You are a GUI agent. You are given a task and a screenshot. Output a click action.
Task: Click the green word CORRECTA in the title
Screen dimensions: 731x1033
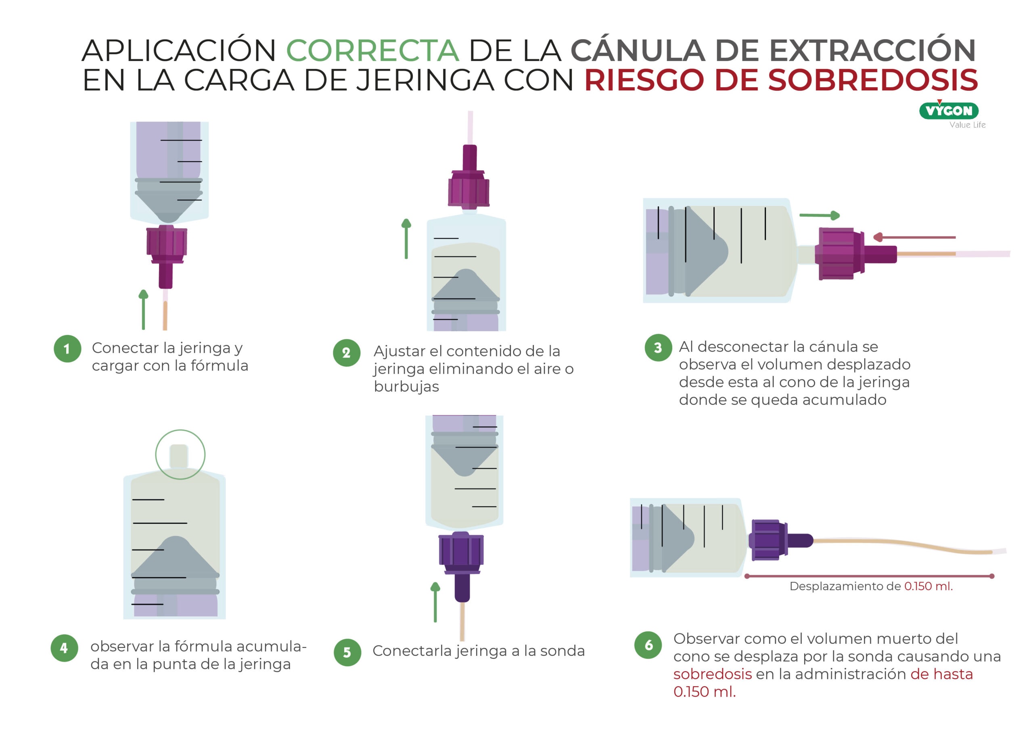click(x=372, y=50)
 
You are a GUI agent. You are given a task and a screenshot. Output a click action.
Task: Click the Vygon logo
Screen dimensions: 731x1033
click(x=948, y=111)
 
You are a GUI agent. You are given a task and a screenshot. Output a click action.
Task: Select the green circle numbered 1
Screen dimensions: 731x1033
click(x=67, y=348)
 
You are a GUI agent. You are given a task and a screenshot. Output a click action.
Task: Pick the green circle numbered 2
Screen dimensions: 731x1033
click(x=347, y=352)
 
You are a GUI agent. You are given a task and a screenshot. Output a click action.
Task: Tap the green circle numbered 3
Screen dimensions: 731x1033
click(x=658, y=348)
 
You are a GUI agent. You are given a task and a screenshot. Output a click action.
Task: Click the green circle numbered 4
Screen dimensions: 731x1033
click(x=64, y=648)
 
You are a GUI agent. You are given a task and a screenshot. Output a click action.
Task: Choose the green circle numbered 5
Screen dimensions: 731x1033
click(x=347, y=652)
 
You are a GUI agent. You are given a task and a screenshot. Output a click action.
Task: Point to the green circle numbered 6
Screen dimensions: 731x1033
click(x=648, y=645)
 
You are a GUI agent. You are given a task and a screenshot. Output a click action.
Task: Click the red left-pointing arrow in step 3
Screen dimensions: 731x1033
click(x=913, y=237)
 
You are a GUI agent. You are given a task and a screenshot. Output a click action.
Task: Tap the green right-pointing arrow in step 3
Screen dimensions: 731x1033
click(x=819, y=216)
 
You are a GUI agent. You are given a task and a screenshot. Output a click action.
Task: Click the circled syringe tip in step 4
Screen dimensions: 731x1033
click(x=180, y=455)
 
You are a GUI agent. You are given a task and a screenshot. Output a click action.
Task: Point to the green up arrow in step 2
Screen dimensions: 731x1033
click(x=406, y=239)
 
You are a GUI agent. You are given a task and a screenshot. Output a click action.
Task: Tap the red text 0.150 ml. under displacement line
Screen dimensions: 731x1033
click(x=928, y=586)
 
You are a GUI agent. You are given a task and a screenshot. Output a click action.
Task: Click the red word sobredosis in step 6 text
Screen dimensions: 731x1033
click(x=712, y=674)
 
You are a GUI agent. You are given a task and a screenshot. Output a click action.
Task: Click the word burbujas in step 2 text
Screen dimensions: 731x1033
click(x=406, y=387)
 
